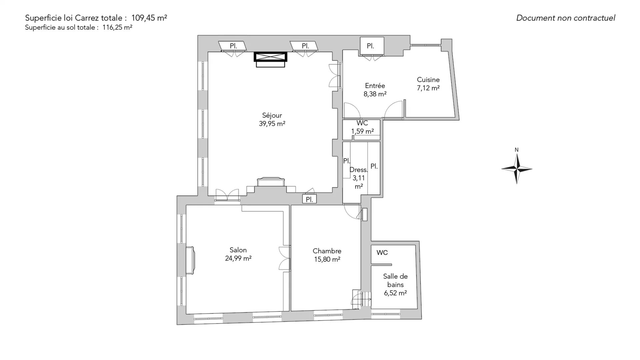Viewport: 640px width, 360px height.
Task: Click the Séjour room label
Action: point(272,115)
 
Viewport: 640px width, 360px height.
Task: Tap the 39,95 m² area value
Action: point(272,124)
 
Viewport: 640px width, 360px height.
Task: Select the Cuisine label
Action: point(428,80)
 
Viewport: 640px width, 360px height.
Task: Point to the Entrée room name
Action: point(375,86)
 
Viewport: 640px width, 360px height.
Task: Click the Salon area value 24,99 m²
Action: point(238,258)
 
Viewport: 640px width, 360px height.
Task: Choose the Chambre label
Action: point(327,251)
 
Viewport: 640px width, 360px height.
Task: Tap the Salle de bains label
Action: point(395,280)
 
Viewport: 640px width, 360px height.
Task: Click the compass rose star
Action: point(517,169)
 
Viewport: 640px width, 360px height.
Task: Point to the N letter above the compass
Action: point(517,150)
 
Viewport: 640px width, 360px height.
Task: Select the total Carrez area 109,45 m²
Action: point(149,18)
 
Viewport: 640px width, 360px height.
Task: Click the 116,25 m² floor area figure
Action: point(117,28)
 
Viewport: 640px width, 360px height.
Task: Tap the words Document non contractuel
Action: point(566,18)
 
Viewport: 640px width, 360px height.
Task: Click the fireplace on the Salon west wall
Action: point(190,260)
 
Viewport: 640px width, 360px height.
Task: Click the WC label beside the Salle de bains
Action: point(382,253)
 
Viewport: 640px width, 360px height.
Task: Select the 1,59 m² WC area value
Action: point(362,131)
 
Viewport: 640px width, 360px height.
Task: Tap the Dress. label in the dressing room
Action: point(359,170)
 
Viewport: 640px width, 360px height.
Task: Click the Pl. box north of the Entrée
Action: point(372,46)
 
